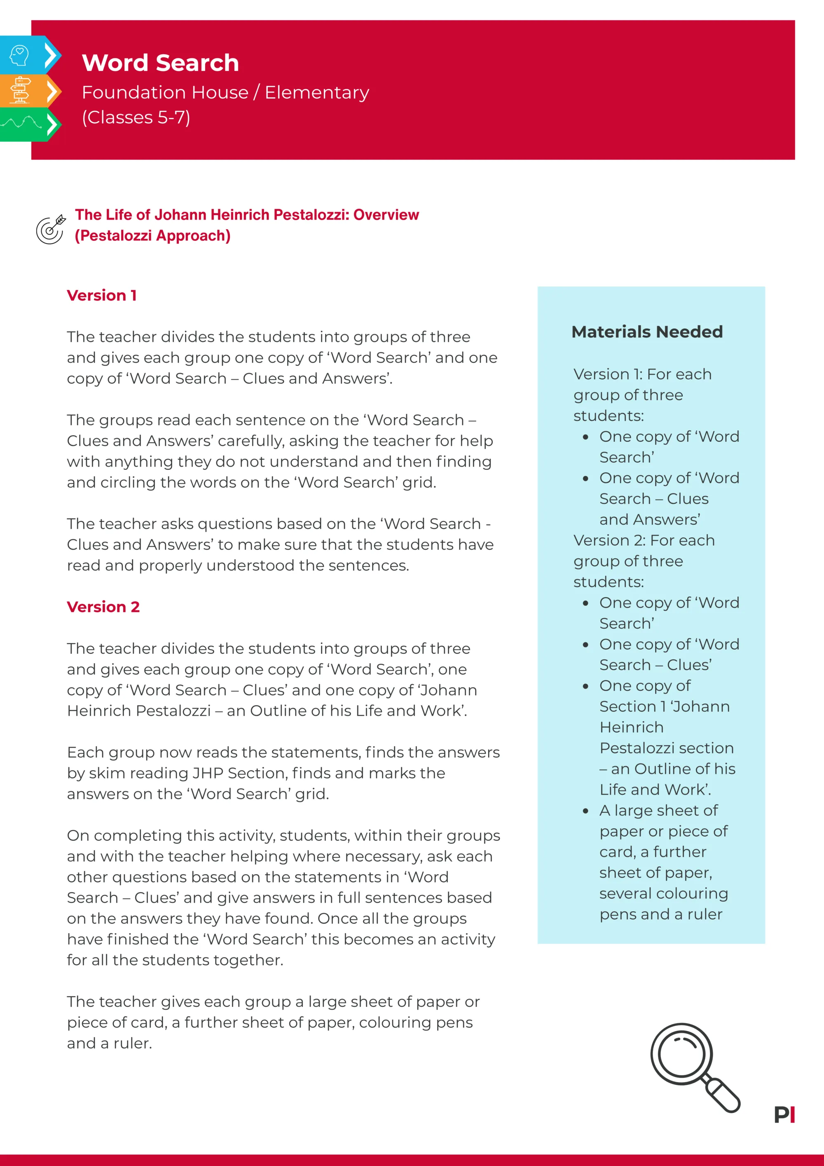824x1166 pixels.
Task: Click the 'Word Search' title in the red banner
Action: pos(160,63)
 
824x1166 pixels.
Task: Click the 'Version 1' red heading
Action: pos(101,296)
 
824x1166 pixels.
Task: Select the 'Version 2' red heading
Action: pos(103,607)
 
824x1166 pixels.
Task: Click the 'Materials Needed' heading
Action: pos(647,332)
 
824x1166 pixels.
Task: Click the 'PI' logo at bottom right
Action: pos(784,1115)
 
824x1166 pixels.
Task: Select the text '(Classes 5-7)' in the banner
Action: pos(136,117)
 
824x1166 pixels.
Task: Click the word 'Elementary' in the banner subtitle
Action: pos(317,92)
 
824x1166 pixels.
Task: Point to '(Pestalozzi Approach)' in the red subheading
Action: pos(152,236)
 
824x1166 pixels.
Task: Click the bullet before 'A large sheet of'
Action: pos(585,811)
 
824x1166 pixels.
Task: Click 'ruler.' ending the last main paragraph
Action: pos(133,1043)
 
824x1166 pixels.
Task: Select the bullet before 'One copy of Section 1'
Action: pos(585,686)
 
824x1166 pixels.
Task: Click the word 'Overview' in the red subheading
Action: pos(386,215)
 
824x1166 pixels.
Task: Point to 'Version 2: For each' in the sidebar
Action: pos(644,540)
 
